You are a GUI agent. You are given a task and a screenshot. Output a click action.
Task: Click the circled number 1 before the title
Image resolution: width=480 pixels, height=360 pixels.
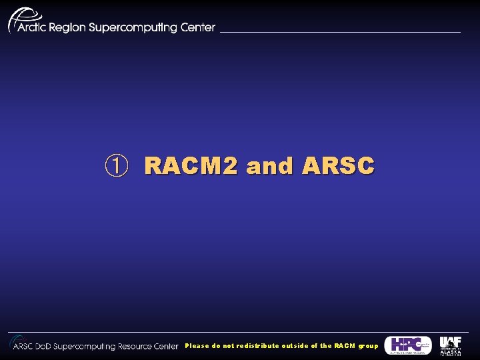pyautogui.click(x=115, y=165)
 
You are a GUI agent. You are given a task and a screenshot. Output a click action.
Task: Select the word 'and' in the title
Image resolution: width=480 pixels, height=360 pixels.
pyautogui.click(x=270, y=165)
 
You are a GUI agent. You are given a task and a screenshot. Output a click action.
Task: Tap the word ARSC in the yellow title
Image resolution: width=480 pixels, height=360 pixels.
pyautogui.click(x=338, y=165)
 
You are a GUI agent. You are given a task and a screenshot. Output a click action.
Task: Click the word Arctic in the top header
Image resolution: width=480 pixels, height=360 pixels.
pyautogui.click(x=33, y=27)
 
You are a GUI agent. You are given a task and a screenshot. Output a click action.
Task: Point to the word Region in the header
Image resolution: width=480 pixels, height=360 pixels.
pyautogui.click(x=69, y=28)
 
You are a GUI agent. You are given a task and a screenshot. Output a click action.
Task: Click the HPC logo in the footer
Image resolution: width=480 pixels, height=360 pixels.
pyautogui.click(x=407, y=345)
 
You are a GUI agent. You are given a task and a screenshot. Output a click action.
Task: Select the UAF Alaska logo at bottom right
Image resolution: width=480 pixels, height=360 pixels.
pyautogui.click(x=450, y=345)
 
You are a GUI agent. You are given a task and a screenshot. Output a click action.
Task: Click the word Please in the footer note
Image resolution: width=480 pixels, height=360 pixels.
pyautogui.click(x=197, y=346)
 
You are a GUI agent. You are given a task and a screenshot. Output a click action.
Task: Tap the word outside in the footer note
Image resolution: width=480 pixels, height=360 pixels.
pyautogui.click(x=295, y=346)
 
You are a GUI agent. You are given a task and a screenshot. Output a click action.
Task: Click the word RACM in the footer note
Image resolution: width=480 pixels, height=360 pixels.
pyautogui.click(x=345, y=346)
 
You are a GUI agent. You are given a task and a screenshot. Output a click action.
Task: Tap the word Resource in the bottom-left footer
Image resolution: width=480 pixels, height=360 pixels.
pyautogui.click(x=137, y=346)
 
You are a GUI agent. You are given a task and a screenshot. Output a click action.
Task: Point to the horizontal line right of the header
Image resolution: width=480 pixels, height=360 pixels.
pyautogui.click(x=340, y=31)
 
